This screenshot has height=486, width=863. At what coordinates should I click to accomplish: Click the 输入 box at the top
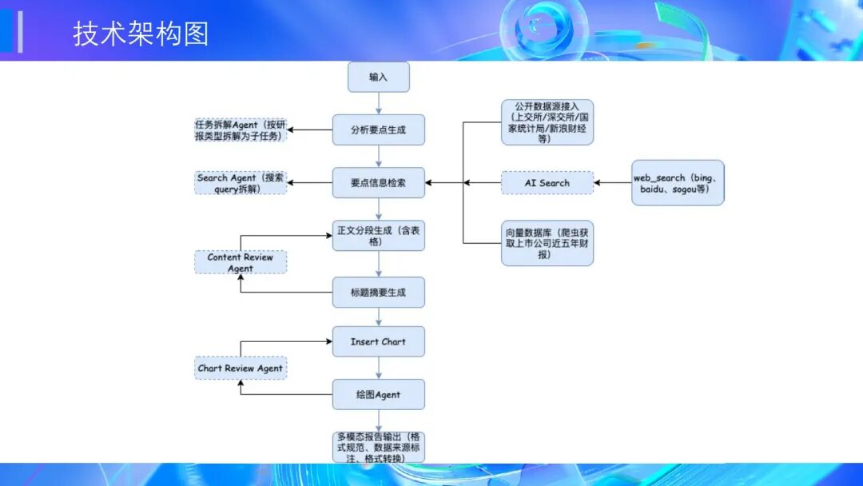tap(378, 77)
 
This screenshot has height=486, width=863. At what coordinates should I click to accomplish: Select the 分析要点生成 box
tap(378, 129)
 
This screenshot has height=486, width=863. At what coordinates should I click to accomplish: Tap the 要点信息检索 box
tap(378, 182)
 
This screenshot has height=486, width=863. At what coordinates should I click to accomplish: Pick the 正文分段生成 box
tap(378, 236)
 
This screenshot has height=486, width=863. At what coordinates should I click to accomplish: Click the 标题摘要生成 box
tap(378, 293)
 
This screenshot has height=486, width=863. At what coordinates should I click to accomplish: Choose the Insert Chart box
tap(378, 341)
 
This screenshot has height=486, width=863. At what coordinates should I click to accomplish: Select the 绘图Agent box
tap(378, 395)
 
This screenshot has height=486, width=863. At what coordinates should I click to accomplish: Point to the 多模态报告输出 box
tap(378, 447)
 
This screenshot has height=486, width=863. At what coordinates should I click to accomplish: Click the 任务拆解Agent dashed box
tap(241, 129)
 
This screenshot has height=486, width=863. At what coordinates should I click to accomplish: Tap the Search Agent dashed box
tap(241, 183)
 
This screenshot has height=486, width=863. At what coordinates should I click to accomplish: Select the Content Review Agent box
tap(241, 262)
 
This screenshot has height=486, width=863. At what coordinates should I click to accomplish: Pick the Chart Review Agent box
tap(241, 368)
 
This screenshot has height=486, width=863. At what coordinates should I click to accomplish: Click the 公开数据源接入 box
tap(547, 122)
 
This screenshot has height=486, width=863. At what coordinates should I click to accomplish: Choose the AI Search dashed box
tap(547, 183)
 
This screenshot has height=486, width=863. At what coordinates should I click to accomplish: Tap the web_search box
tap(678, 183)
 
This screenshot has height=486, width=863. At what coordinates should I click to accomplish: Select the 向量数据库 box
tap(547, 243)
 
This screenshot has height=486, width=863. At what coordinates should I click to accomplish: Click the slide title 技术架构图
tap(141, 34)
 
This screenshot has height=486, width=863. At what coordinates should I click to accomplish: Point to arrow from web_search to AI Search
tap(612, 183)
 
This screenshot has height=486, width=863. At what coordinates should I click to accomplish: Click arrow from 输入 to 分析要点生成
tap(378, 103)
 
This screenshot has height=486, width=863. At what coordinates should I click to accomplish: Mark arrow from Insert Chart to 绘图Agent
tap(378, 368)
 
